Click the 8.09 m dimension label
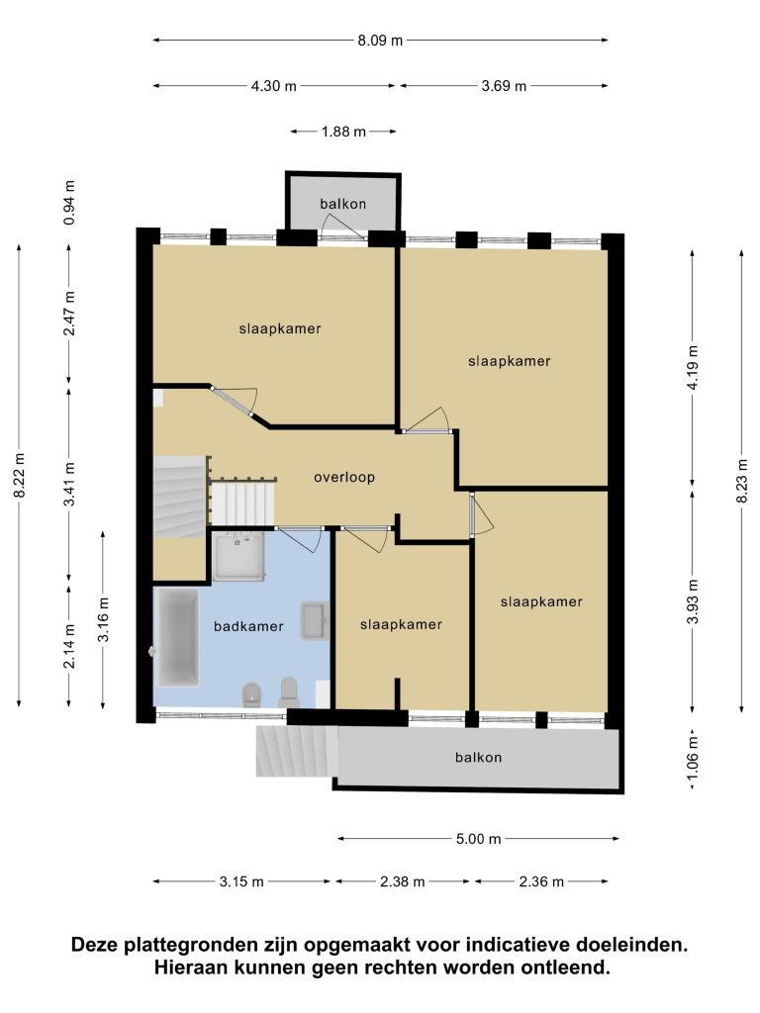[380, 40]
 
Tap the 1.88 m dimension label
[343, 132]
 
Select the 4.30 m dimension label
[273, 86]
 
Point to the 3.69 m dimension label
[504, 86]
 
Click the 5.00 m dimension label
[479, 839]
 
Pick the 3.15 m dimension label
[241, 881]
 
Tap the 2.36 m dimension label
[541, 881]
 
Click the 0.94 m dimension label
[69, 203]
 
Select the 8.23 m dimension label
[742, 481]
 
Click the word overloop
[344, 478]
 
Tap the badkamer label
[248, 626]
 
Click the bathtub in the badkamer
[177, 638]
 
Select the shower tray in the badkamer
[239, 556]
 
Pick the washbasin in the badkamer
[315, 621]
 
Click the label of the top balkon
[343, 204]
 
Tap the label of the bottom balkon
[478, 758]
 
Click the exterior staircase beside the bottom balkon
[297, 752]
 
